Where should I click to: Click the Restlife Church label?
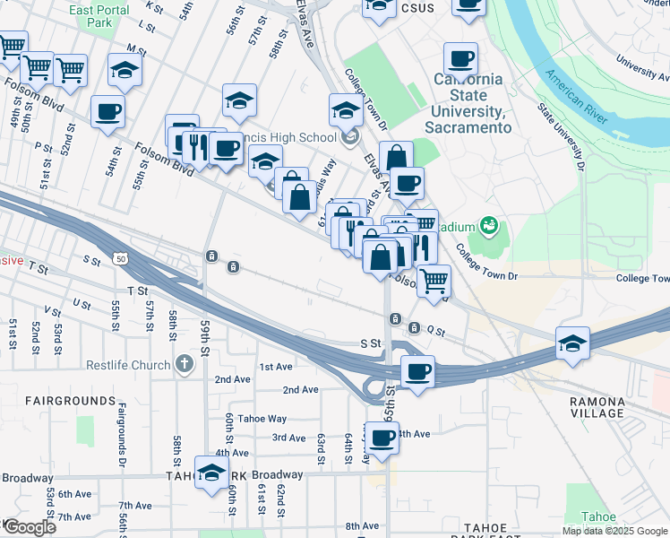tap(127, 365)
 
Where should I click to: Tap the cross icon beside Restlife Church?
tap(184, 364)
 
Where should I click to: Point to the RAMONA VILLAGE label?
tap(597, 407)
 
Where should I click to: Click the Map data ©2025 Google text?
tap(615, 531)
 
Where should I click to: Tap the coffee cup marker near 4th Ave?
tap(383, 439)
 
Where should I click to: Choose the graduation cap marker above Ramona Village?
tap(572, 343)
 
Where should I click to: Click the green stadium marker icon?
tap(488, 224)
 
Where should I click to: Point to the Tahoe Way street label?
tap(262, 419)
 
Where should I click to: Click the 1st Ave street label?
tap(276, 367)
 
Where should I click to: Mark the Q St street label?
tap(436, 330)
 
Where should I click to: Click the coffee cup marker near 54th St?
tap(107, 112)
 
